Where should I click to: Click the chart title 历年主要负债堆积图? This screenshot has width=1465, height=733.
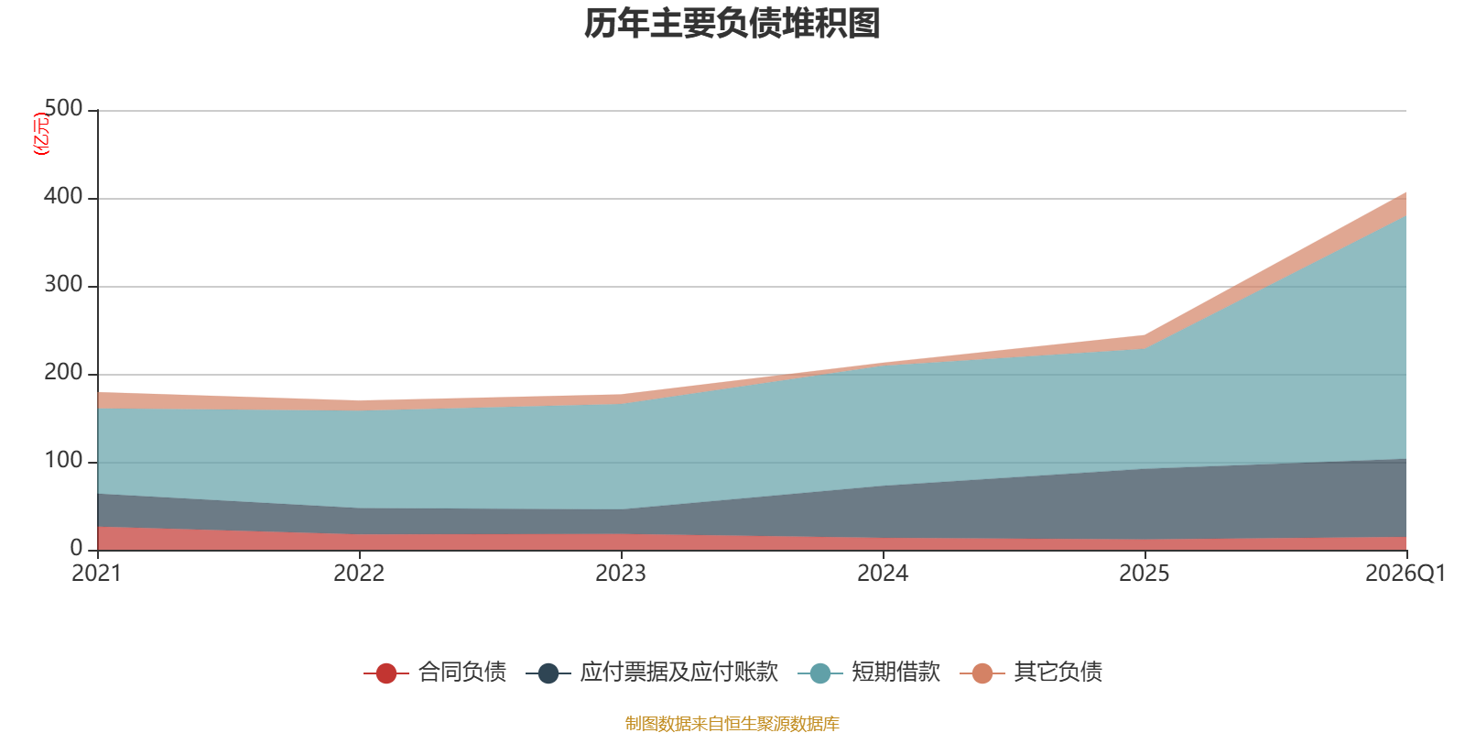tap(732, 24)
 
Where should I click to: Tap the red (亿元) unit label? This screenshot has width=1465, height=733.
tap(41, 133)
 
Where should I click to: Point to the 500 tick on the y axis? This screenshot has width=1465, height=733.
tap(63, 108)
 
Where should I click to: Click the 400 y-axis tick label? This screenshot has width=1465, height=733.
tap(63, 196)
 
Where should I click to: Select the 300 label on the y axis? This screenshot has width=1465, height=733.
tap(63, 284)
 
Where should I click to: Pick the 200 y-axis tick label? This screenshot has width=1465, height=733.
tap(63, 372)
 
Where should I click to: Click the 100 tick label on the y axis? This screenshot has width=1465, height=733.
tap(63, 460)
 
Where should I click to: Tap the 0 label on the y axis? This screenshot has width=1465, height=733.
tap(77, 548)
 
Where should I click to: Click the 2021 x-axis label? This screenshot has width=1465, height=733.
tap(97, 574)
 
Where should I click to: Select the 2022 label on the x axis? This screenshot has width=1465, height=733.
tap(359, 574)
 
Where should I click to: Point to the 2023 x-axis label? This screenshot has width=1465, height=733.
tap(621, 574)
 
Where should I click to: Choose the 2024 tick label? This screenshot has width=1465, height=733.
tap(883, 574)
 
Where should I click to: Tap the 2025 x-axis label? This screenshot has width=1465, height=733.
tap(1145, 574)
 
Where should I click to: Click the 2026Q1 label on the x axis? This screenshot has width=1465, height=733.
tap(1405, 574)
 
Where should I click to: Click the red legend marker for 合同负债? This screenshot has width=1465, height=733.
tap(385, 673)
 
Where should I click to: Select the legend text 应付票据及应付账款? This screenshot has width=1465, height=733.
tap(678, 673)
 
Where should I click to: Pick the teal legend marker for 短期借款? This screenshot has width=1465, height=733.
tap(820, 673)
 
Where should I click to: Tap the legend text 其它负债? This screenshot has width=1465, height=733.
tap(1058, 673)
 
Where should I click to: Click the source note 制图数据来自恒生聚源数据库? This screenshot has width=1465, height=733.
tap(732, 723)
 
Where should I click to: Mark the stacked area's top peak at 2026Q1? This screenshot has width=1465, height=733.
tap(1406, 192)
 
